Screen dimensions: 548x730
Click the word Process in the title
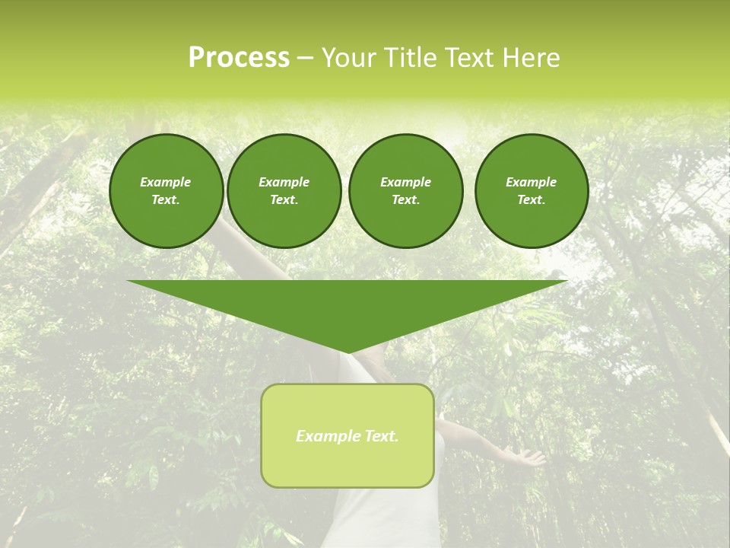click(239, 58)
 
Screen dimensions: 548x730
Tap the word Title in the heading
click(411, 58)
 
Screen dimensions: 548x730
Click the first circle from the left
click(167, 190)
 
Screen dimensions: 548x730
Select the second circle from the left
click(284, 190)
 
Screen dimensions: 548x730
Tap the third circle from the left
click(405, 190)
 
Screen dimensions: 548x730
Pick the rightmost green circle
click(532, 190)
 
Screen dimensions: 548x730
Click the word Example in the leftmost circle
click(166, 182)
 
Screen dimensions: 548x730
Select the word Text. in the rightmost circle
click(532, 199)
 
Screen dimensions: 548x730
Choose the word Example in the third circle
click(405, 182)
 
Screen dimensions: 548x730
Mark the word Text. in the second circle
click(284, 199)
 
